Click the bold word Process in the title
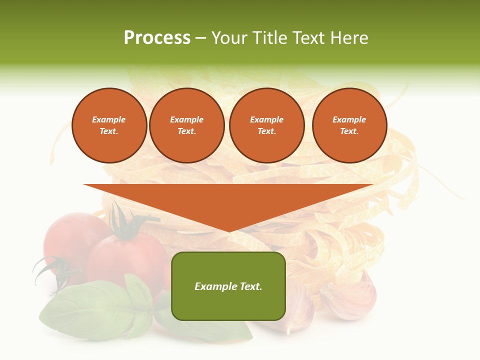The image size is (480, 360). (x=157, y=38)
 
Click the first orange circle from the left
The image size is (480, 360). (x=109, y=125)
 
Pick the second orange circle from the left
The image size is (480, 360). (x=186, y=125)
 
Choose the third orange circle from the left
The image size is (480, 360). (x=266, y=125)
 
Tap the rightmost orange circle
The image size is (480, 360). (x=349, y=125)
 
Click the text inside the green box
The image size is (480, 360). (x=228, y=286)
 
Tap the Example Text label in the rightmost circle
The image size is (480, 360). (x=349, y=125)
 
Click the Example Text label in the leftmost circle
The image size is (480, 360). (x=109, y=125)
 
